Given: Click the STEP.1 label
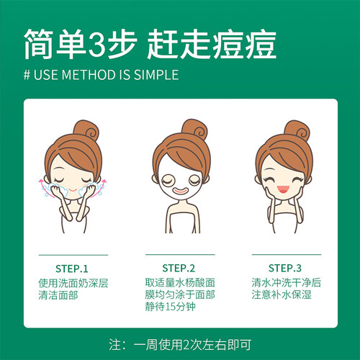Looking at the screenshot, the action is point(72,269).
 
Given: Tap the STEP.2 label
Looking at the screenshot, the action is point(179,268).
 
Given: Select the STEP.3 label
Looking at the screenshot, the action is point(285,268).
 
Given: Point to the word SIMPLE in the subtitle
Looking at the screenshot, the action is point(156,75).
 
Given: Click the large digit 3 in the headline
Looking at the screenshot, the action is point(96,44).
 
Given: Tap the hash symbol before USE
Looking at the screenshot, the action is point(27,75).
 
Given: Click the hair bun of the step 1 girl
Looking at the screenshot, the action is point(86,130).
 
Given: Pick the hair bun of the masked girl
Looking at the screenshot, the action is point(194,130).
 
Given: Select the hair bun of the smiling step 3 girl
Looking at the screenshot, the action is point(297,130).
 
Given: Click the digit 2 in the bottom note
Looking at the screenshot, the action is point(186,345).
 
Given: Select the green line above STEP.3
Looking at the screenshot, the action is point(287,254).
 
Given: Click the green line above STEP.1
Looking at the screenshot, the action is point(73,255).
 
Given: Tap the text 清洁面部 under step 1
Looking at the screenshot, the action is point(58,295).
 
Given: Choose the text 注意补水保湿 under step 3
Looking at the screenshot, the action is point(282,294).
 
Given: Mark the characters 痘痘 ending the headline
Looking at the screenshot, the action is point(245,44).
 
